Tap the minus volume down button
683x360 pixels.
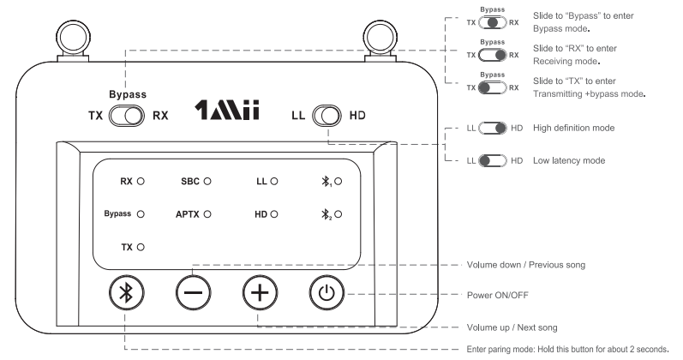(x=192, y=292)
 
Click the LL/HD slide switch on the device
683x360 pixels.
(x=327, y=116)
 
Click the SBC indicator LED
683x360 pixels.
(x=207, y=182)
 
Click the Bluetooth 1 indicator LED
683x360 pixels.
(x=339, y=182)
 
